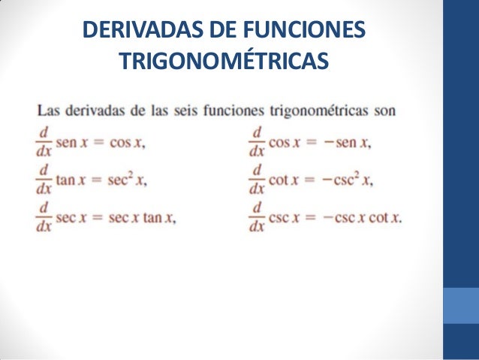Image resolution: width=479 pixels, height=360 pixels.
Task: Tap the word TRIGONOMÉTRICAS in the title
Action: click(223, 59)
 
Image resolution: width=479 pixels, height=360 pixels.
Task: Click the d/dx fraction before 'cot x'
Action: click(257, 179)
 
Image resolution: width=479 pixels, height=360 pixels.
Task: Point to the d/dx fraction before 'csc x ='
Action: click(257, 218)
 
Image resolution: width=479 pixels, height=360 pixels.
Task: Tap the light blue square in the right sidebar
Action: click(461, 304)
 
